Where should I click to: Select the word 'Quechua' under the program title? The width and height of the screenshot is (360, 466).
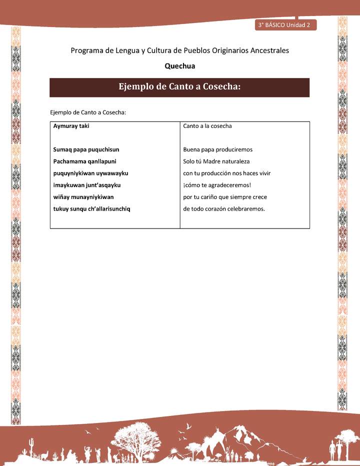[179, 65]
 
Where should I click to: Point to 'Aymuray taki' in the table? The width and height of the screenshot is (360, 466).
[71, 126]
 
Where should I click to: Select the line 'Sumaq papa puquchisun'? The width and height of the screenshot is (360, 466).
[86, 149]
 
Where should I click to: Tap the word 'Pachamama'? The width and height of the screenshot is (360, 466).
[70, 161]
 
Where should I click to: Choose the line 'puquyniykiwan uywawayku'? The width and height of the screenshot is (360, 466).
[90, 173]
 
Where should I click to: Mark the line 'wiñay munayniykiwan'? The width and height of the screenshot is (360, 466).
[83, 197]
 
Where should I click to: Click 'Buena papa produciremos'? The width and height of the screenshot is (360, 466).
[217, 149]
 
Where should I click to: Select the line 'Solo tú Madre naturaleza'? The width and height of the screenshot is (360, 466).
[216, 161]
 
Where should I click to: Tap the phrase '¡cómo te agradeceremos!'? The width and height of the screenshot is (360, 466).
[216, 185]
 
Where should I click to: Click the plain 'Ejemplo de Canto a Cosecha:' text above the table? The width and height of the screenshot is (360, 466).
[87, 112]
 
